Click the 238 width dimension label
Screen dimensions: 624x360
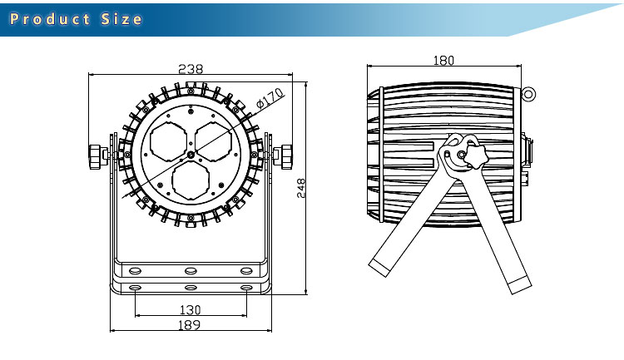coord(191,69)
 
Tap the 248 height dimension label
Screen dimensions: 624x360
coord(301,188)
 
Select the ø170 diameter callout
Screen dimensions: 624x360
coord(270,98)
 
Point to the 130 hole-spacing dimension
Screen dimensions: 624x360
coord(191,309)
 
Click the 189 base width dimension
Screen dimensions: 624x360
coord(190,325)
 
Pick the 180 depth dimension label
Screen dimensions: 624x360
coord(443,61)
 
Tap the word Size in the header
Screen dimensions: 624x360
coord(121,19)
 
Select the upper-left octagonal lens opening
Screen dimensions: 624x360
coord(169,141)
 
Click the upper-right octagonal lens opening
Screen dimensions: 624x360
coord(213,141)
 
